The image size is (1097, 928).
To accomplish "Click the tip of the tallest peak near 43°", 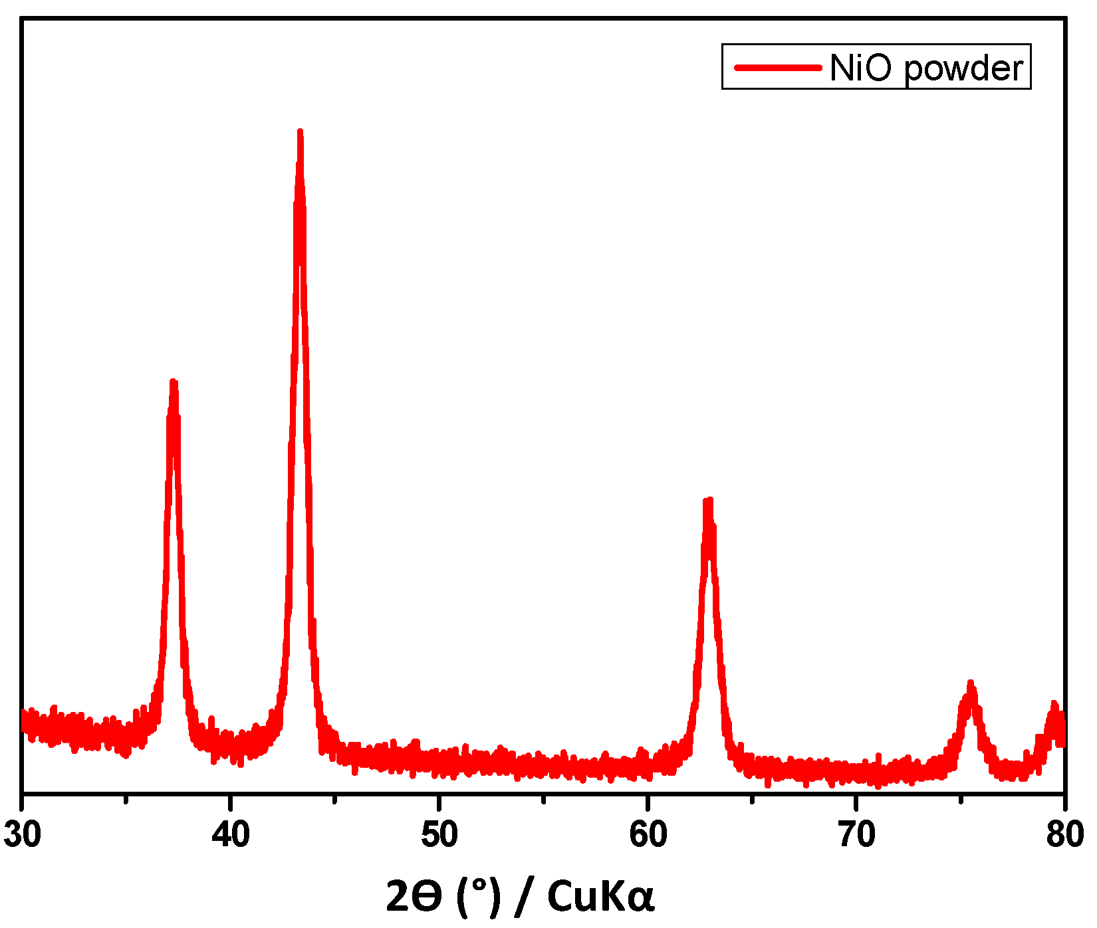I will [300, 132].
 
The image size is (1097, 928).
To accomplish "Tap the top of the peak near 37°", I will [174, 383].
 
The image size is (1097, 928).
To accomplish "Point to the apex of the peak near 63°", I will [709, 501].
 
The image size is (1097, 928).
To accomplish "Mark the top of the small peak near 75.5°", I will [971, 684].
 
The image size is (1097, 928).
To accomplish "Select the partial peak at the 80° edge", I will [1054, 705].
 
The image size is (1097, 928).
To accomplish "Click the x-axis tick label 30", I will [23, 835].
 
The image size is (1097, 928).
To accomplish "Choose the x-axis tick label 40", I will [231, 835].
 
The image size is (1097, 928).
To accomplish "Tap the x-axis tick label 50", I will [439, 835].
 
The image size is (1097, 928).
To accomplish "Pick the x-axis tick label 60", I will [648, 835].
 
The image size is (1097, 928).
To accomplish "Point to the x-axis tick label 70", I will [856, 835].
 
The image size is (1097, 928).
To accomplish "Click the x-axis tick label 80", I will [1064, 835].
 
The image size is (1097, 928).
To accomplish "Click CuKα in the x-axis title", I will [600, 896].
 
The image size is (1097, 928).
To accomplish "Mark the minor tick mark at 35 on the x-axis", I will [126, 798].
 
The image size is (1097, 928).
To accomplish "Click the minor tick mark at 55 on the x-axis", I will [544, 798].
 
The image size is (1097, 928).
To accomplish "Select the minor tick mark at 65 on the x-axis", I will [752, 798].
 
